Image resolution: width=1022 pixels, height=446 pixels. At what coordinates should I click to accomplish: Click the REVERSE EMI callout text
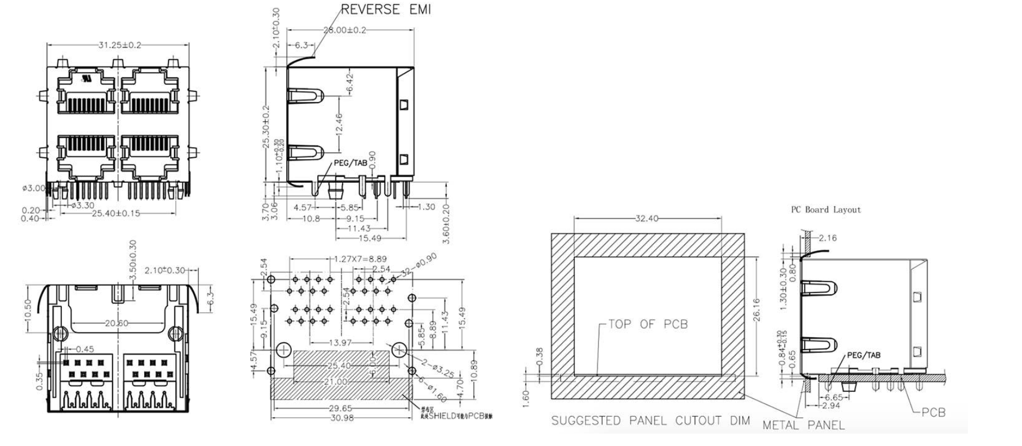click(x=386, y=10)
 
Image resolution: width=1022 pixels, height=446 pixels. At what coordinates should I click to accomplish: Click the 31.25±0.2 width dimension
click(x=119, y=46)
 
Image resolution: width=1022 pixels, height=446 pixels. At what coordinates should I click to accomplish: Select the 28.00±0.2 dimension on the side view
click(x=344, y=30)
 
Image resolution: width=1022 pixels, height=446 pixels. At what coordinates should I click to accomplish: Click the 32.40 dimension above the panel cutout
click(x=646, y=218)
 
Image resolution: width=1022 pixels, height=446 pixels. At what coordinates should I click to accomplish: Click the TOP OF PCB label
click(x=648, y=324)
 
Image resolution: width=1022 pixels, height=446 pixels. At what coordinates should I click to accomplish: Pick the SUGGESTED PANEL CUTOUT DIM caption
click(x=650, y=421)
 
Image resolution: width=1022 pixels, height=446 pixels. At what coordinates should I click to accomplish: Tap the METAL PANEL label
click(x=803, y=425)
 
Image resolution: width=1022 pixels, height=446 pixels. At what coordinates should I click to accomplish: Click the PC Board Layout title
click(x=826, y=210)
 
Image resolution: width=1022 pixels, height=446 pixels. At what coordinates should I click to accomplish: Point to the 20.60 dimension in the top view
click(x=116, y=323)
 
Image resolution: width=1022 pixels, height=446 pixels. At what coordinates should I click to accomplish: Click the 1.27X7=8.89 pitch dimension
click(x=361, y=259)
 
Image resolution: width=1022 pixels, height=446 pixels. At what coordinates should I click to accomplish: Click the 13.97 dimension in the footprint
click(x=339, y=343)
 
